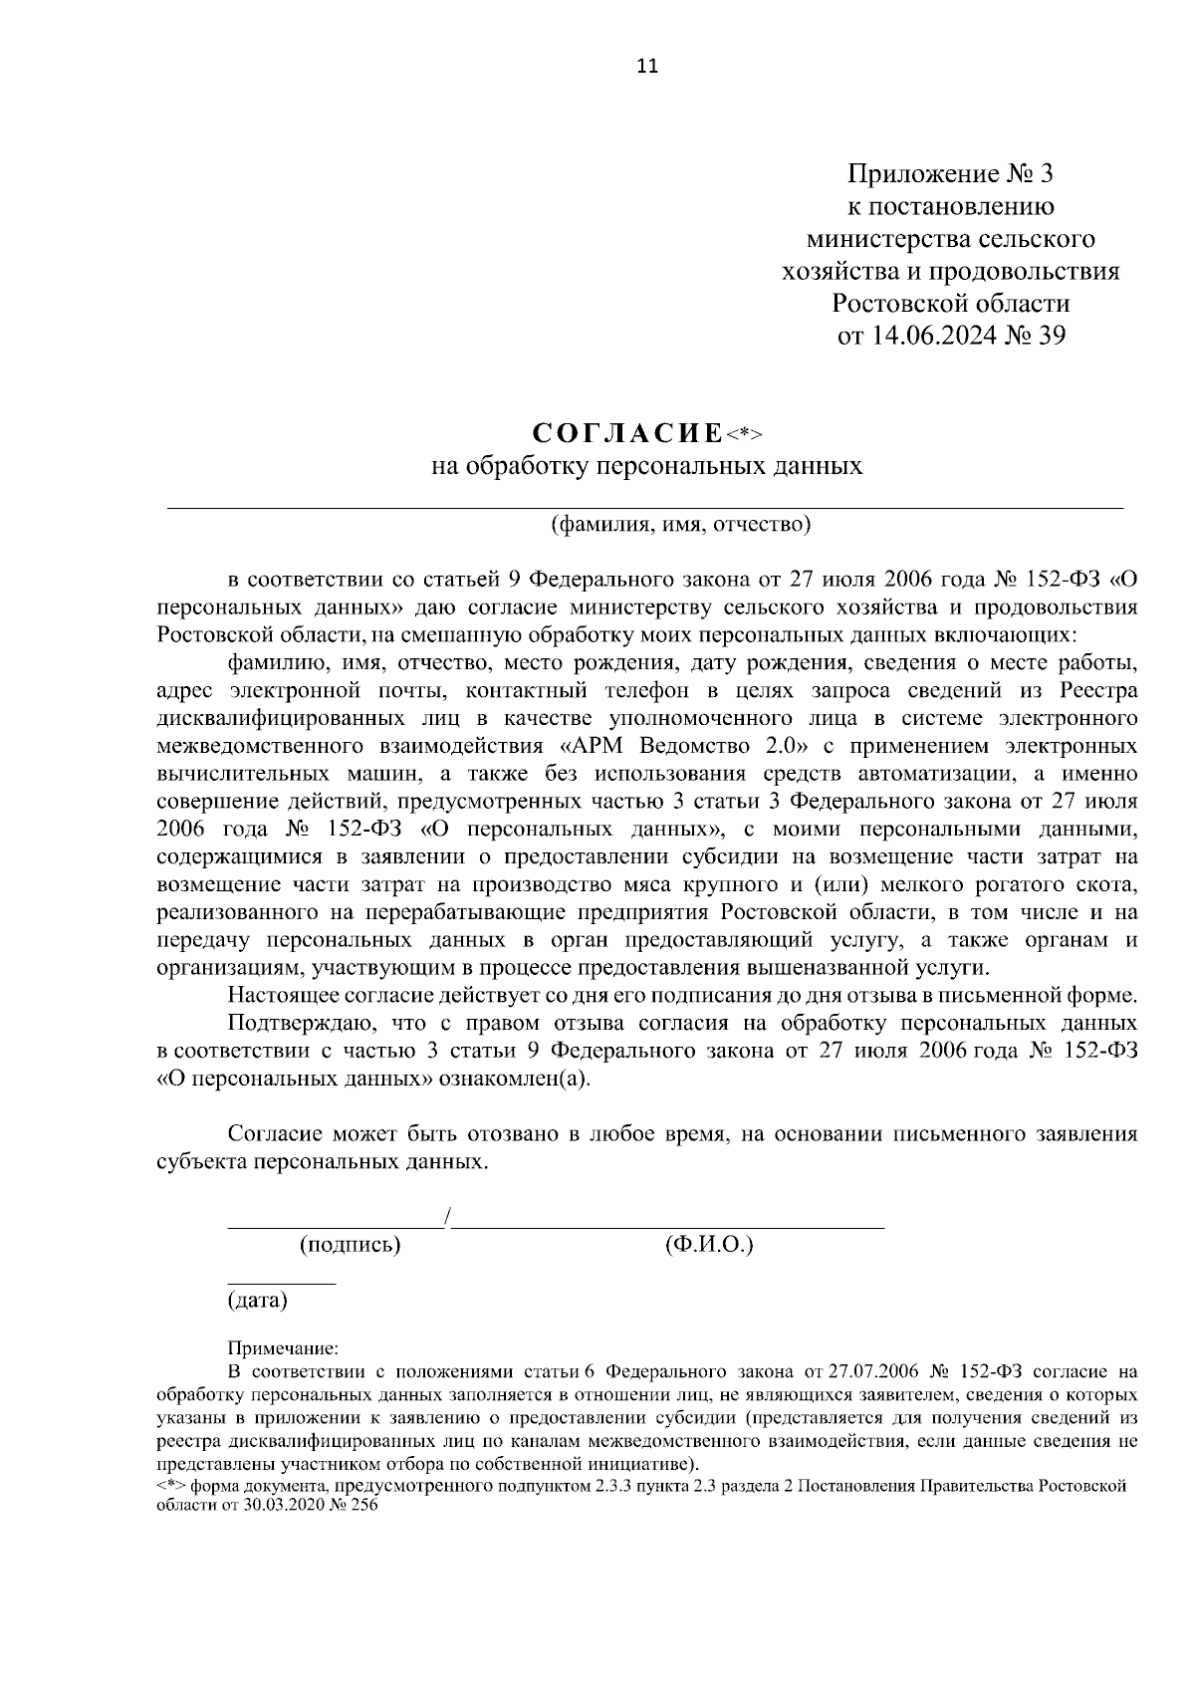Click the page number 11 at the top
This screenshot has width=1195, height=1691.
[x=646, y=67]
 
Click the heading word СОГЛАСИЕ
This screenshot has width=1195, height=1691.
[x=627, y=433]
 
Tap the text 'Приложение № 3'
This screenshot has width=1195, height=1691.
[x=949, y=175]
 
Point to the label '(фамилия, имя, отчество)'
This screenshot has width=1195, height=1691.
[x=682, y=524]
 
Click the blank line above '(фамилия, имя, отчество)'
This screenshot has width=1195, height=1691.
[x=644, y=508]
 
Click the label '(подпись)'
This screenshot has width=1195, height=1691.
[x=351, y=1244]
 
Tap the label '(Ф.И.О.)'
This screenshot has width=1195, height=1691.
[x=708, y=1244]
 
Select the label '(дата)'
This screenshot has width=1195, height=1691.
[x=257, y=1300]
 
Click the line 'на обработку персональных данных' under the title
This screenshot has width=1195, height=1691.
[x=646, y=466]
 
